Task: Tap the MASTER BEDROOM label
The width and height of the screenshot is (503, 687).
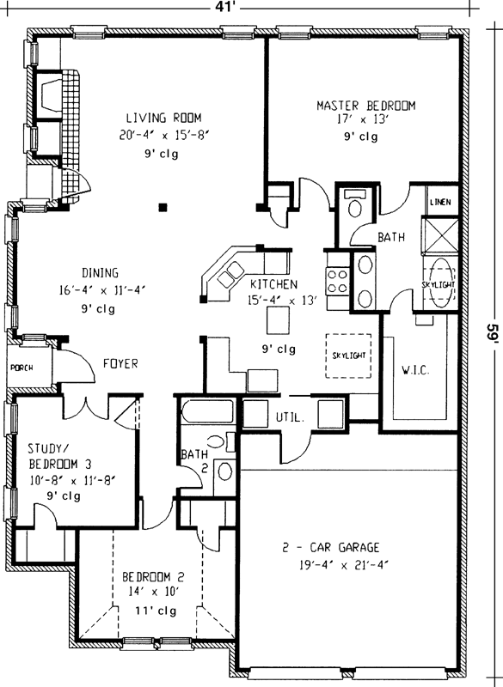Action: pos(365,106)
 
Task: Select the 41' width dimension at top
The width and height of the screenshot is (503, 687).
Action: pos(250,8)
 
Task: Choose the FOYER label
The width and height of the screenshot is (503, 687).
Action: pos(121,363)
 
